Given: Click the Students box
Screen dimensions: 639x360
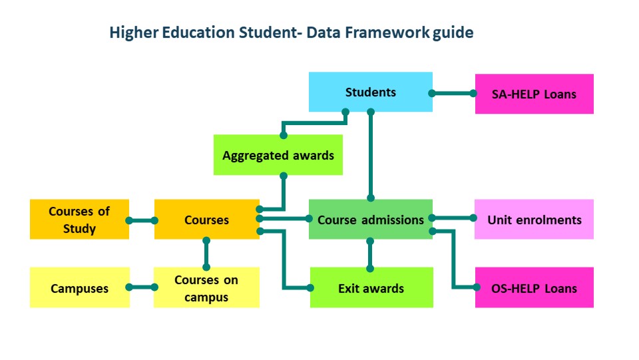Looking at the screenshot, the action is pyautogui.click(x=371, y=92).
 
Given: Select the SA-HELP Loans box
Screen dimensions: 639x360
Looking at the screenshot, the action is pyautogui.click(x=534, y=94).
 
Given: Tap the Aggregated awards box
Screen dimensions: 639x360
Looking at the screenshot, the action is pyautogui.click(x=278, y=155).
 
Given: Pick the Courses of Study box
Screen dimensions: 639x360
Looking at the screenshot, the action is pyautogui.click(x=79, y=219).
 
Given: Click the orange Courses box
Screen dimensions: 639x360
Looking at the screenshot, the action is pyautogui.click(x=206, y=219).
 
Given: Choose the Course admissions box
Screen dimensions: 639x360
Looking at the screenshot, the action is pyautogui.click(x=371, y=219).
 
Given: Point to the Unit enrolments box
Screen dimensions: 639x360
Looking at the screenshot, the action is pyautogui.click(x=534, y=219).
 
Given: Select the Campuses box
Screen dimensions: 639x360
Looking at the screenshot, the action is pyautogui.click(x=79, y=287).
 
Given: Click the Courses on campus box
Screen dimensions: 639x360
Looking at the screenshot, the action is pyautogui.click(x=206, y=287).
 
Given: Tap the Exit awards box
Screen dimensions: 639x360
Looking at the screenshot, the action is pyautogui.click(x=371, y=287).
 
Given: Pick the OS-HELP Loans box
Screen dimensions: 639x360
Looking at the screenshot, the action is pyautogui.click(x=534, y=287).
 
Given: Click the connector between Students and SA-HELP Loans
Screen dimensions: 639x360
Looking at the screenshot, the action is pyautogui.click(x=453, y=93).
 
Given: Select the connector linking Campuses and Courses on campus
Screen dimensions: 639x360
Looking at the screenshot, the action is pyautogui.click(x=142, y=287).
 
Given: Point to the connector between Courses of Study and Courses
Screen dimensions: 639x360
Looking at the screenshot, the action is pyautogui.click(x=142, y=221).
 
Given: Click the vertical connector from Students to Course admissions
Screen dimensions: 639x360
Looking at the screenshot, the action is pyautogui.click(x=371, y=155).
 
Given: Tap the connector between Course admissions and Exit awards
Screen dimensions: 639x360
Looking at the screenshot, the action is pyautogui.click(x=370, y=255).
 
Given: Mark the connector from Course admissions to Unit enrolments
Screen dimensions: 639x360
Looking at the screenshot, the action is pyautogui.click(x=453, y=218).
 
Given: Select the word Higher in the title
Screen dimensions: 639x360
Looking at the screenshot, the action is pyautogui.click(x=134, y=33).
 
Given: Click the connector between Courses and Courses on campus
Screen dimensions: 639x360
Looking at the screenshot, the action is pyautogui.click(x=206, y=254).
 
